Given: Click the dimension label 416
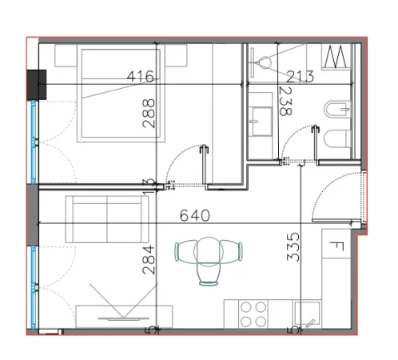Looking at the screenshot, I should click(141, 77).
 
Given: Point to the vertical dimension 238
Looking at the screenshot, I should click(285, 102).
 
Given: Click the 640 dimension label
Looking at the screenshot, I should click(195, 215).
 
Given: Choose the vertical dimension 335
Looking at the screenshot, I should click(293, 250).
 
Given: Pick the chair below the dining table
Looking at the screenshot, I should click(209, 274).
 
